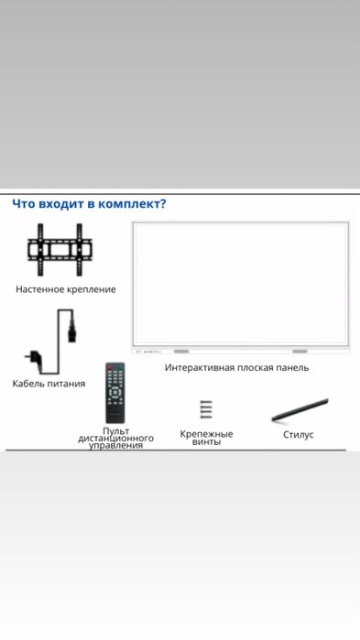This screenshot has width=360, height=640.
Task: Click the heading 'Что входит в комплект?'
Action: point(89,204)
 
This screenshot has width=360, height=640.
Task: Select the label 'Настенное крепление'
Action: point(66,289)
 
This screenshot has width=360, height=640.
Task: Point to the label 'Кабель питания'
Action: point(49,384)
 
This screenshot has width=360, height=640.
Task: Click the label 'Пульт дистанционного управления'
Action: point(115,438)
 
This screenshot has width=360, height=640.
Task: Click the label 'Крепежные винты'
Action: point(206,438)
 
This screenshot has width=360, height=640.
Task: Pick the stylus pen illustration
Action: point(300,410)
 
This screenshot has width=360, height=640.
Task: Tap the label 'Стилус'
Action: point(299,435)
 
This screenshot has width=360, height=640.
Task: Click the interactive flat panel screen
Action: point(241,284)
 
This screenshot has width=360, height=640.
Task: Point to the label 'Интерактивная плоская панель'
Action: point(236,367)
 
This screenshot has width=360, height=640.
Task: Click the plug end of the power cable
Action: point(32,356)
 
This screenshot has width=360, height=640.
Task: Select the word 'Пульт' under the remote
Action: point(115,430)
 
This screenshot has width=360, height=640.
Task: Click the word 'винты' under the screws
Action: point(206,442)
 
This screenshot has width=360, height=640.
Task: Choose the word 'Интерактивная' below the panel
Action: point(202,367)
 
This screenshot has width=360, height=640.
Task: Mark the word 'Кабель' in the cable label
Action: point(28,384)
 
